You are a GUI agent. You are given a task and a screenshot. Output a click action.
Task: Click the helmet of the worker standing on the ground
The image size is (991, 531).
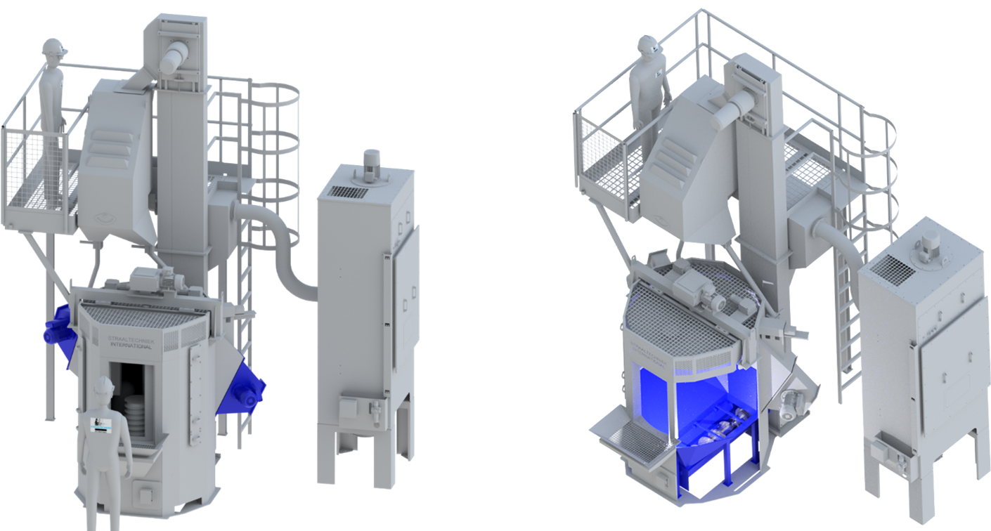coord(105,385)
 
